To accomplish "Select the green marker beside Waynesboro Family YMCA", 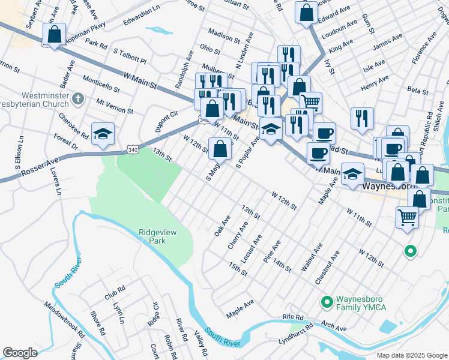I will [327, 301].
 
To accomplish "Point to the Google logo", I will [20, 352].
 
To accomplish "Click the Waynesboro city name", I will [390, 186].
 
